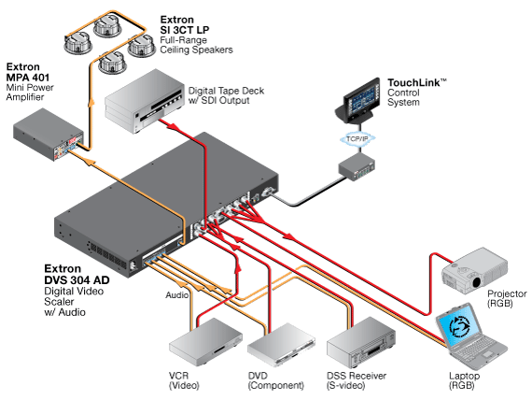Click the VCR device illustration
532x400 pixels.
coord(205,341)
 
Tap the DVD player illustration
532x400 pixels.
coord(281,345)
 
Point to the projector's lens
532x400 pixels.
coord(477,281)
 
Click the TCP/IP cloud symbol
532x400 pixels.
coord(357,138)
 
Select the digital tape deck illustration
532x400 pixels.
coord(144,101)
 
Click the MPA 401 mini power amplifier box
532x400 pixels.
coord(49,135)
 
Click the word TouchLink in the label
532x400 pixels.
coord(413,82)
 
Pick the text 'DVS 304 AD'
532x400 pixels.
coord(77,280)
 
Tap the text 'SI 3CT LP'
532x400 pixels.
coord(185,30)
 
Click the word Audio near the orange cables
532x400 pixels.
coord(176,295)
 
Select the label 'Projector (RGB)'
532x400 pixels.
coord(507,298)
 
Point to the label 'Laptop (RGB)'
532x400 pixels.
coord(464,380)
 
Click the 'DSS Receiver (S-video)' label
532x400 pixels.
coord(357,380)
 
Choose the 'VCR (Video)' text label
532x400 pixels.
coord(184,380)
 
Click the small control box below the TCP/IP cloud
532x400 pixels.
coord(357,166)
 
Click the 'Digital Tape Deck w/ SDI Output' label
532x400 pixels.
coord(226,95)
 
